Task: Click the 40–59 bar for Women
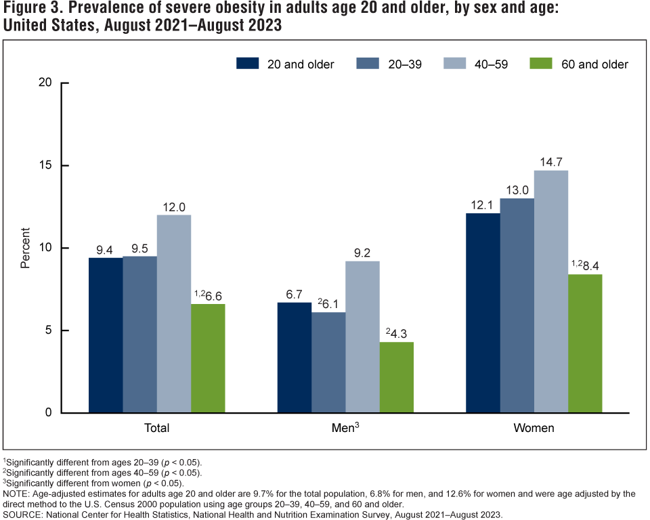coord(551,291)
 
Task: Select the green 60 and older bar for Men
coord(397,377)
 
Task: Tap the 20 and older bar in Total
coord(106,335)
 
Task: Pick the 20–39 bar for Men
coord(329,362)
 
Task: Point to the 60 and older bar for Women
coord(585,343)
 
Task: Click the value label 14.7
coord(551,162)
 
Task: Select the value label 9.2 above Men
coord(363,253)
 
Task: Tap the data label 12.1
coord(483,205)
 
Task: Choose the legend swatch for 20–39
coord(367,64)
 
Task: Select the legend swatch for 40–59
coord(454,64)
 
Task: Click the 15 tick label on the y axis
coord(45,166)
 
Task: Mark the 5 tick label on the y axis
coord(49,330)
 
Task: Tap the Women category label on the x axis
coord(534,429)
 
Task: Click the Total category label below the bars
coord(156,429)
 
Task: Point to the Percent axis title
coord(26,248)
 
